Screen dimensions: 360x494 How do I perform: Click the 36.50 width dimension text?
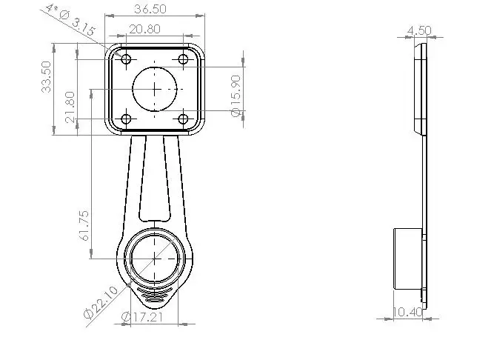150,10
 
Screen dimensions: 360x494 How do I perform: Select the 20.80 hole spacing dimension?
144,29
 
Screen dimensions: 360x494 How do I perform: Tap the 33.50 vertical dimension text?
47,76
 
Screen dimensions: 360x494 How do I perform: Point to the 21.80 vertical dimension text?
69,107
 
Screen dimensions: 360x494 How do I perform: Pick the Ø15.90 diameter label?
236,95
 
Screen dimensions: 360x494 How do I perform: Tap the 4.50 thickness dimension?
419,30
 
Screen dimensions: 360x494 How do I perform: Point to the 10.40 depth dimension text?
408,313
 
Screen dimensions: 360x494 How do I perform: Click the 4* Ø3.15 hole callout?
70,19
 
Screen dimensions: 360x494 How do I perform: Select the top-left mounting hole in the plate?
126,59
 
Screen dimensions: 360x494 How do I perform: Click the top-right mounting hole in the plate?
183,59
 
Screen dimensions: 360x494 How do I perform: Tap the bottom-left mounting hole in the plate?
126,119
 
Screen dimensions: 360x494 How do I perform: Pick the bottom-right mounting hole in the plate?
183,119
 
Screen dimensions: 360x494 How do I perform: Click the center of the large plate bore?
155,88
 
